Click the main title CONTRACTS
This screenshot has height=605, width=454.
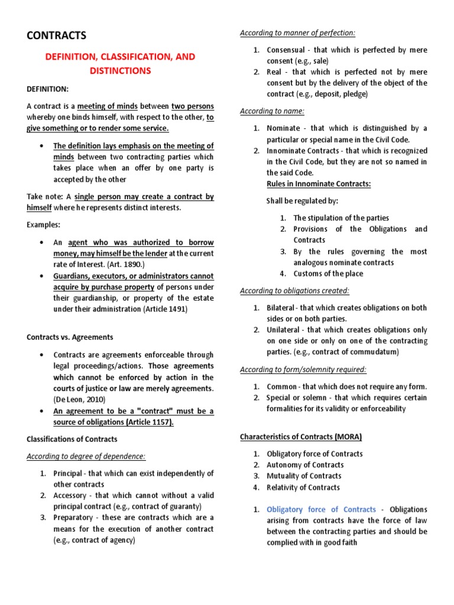[57, 35]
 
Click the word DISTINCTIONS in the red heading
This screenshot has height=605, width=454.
[121, 71]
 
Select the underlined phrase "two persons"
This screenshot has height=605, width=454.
[193, 106]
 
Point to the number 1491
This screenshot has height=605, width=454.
[176, 309]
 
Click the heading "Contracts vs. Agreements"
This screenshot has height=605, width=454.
[70, 337]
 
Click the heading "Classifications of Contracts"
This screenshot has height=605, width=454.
[72, 439]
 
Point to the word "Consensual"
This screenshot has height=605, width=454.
[286, 50]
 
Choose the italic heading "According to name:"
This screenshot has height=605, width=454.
[272, 111]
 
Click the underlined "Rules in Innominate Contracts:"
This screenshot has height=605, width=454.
[319, 184]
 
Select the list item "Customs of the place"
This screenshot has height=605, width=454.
[328, 274]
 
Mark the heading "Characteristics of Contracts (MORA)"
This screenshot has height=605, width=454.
[301, 437]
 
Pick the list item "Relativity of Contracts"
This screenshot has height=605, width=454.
[303, 487]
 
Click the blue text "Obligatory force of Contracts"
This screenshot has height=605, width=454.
[321, 509]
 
